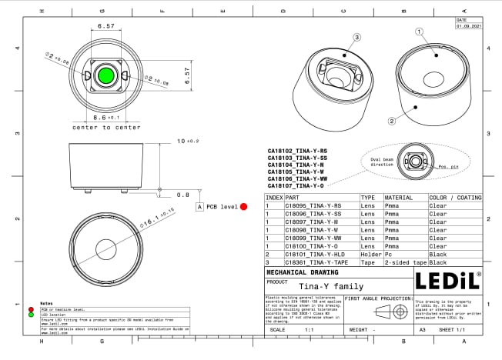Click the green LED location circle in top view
tap(105, 75)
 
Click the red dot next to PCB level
tap(243, 207)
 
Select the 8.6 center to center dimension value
tap(105, 118)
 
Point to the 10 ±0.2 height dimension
tap(187, 142)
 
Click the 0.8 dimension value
tap(182, 195)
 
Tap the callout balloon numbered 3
tap(356, 37)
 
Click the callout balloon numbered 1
tap(420, 32)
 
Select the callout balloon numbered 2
tap(392, 121)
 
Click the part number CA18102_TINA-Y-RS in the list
tap(297, 151)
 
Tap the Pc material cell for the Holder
tap(388, 254)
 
